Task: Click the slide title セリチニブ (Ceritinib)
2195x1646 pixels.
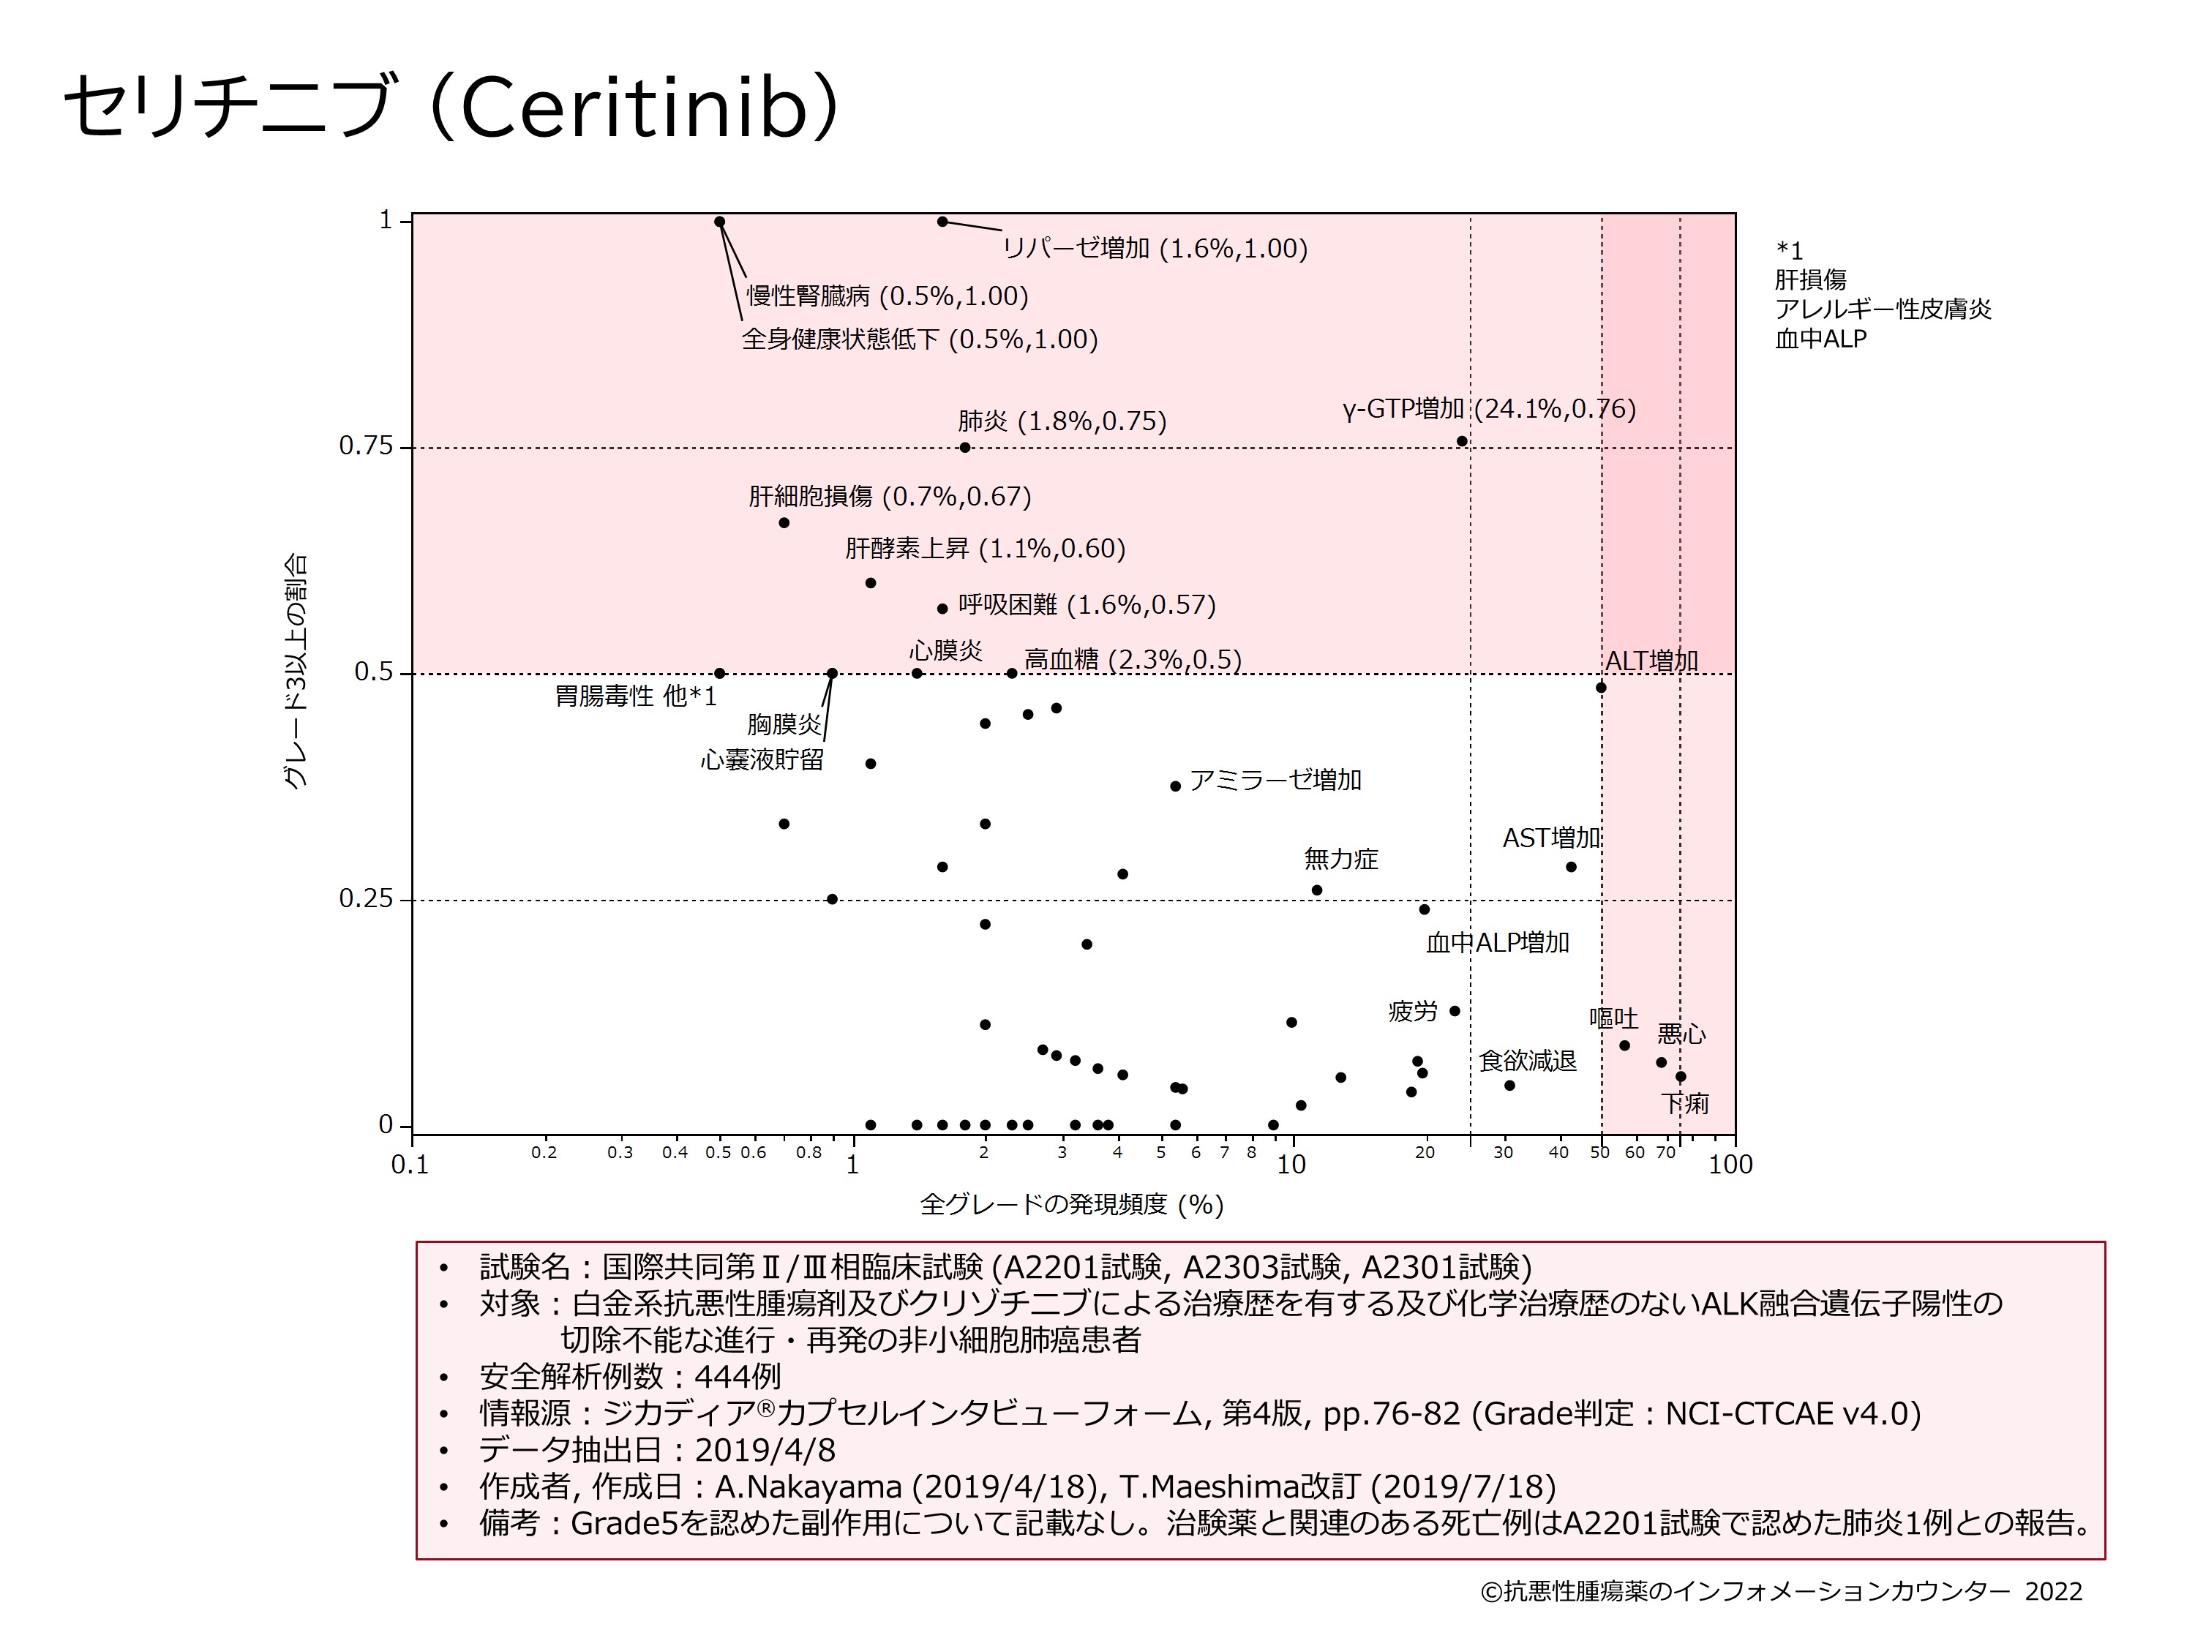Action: [x=451, y=106]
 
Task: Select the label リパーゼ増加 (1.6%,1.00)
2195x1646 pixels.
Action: [x=1155, y=248]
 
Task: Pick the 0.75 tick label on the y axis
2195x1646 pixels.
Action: [x=366, y=446]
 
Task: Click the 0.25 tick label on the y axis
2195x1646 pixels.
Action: [x=366, y=899]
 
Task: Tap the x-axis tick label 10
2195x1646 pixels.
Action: [x=1291, y=1165]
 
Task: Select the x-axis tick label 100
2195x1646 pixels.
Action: [x=1730, y=1165]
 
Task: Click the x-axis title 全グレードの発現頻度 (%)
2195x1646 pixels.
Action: [x=1072, y=1204]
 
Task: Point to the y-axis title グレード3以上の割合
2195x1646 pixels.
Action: [x=296, y=672]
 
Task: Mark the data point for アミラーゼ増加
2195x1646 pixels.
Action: [x=1176, y=786]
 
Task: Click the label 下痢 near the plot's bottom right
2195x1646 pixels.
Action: [x=1685, y=1103]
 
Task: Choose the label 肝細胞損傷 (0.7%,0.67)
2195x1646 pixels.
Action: [x=889, y=496]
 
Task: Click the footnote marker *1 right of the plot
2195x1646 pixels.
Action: [x=1789, y=251]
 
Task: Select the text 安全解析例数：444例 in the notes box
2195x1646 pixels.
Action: [x=630, y=1377]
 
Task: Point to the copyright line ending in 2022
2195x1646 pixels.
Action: [x=1781, y=1591]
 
